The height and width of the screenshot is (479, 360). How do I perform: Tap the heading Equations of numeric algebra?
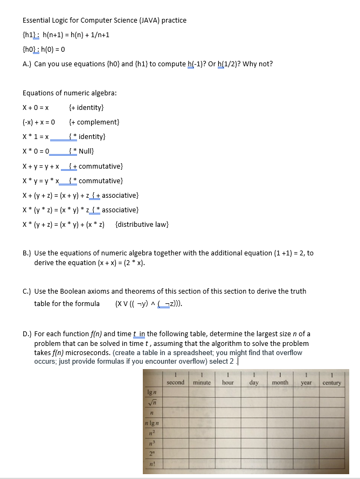coord(70,93)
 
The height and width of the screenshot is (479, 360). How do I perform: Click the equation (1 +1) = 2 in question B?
coord(281,253)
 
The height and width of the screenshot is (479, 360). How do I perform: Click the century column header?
coord(331,383)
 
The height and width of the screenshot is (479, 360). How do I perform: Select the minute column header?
coord(202,383)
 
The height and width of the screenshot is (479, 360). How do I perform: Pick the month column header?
coord(280,383)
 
